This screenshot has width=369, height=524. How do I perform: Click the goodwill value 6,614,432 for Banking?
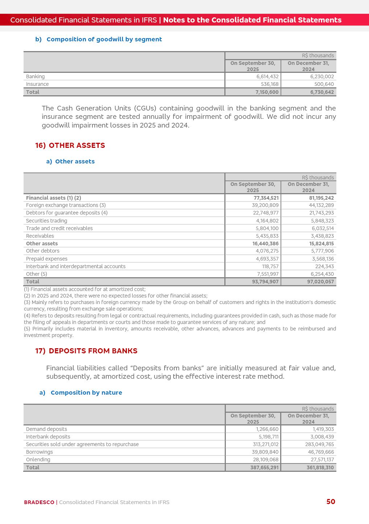(267, 76)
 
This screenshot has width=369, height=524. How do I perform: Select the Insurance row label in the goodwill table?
(37, 84)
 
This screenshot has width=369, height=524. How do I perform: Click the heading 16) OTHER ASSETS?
(70, 145)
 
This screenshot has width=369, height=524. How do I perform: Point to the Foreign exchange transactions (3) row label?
(66, 205)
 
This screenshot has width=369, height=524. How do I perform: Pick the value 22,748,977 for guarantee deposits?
(266, 213)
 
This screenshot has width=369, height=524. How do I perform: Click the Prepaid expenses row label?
(47, 259)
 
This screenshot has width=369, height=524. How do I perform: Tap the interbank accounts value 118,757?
(270, 266)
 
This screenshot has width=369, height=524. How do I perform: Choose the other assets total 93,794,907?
(265, 282)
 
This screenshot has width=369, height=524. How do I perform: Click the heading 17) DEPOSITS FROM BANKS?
(86, 351)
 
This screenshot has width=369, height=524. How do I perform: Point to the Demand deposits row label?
(46, 429)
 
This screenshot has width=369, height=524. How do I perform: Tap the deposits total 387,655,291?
(264, 467)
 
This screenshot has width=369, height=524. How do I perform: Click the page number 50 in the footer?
(331, 502)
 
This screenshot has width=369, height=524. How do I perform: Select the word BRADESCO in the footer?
(39, 502)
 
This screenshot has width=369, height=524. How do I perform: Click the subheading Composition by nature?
(86, 392)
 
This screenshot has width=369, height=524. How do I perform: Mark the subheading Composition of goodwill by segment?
(104, 39)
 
